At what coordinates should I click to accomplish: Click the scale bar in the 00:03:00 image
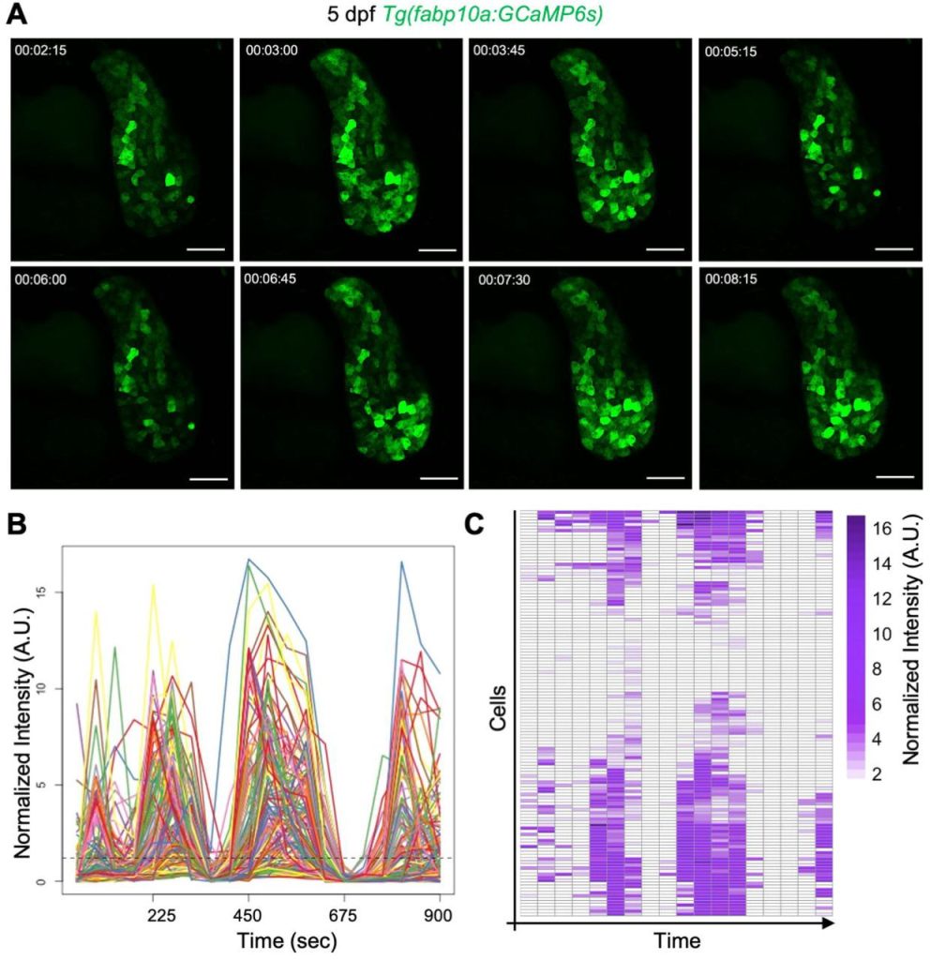tap(436, 249)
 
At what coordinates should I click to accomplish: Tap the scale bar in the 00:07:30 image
tap(667, 477)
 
